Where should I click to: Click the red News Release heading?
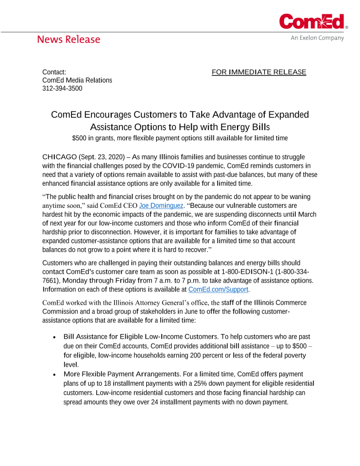pos(69,39)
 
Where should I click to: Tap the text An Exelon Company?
pos(317,38)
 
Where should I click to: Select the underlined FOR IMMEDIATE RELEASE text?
pos(259,72)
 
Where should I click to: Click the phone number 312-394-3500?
pos(62,88)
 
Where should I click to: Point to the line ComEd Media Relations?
pos(77,80)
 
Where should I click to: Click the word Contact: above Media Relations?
pos(54,72)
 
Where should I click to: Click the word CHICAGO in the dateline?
pos(59,157)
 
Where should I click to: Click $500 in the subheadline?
pos(80,137)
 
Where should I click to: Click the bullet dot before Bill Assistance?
pos(54,337)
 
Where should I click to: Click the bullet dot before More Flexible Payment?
pos(54,375)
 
